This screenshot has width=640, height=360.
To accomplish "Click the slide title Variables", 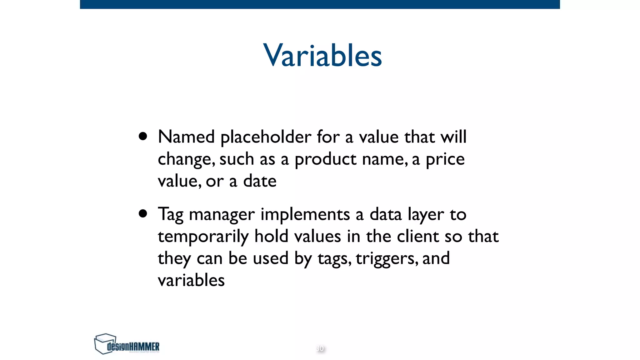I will tap(322, 55).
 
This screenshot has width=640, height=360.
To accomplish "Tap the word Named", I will tap(186, 137).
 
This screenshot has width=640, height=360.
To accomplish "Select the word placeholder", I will tap(266, 137).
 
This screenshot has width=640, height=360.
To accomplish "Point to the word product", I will tap(325, 159).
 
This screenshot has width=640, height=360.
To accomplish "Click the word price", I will tap(445, 159).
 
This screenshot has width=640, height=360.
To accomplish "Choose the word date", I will tap(260, 181).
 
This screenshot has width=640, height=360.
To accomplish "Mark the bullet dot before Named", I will tap(143, 136).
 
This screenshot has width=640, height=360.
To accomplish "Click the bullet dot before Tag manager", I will tap(143, 213).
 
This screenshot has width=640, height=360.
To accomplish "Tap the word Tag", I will tap(170, 215).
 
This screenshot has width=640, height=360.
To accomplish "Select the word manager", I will tap(222, 215).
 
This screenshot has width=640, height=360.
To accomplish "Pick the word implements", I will tap(305, 215).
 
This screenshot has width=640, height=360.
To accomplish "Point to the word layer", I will tap(426, 215).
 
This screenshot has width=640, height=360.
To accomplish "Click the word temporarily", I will tap(203, 237).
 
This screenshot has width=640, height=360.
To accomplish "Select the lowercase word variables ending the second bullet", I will tap(191, 280).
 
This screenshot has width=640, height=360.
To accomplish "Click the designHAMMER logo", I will tap(127, 344).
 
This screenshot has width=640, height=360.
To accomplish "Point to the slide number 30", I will tap(320, 348).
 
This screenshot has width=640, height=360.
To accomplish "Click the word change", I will tap(186, 159).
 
